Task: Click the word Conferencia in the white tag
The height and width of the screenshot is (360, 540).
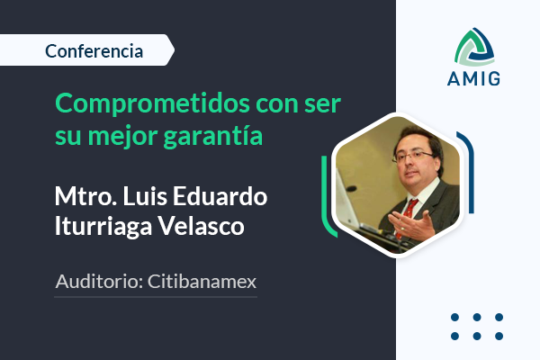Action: [x=94, y=51]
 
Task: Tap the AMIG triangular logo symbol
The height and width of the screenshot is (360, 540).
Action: [x=474, y=47]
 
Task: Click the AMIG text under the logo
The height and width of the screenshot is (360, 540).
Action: [x=473, y=78]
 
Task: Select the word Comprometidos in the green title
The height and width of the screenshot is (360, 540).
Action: [x=153, y=104]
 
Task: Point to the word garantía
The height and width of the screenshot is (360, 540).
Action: [x=212, y=135]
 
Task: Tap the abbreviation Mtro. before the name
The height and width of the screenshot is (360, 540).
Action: [x=85, y=196]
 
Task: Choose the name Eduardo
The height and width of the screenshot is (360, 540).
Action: [x=220, y=196]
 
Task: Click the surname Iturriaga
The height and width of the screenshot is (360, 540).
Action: [x=103, y=227]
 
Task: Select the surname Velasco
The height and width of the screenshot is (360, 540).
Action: [x=201, y=226]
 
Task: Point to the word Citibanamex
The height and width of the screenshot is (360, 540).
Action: [x=202, y=282]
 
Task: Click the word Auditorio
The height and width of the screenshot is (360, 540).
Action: [x=99, y=282]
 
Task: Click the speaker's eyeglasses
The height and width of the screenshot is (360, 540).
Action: [x=412, y=157]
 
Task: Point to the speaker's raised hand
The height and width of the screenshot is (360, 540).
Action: [x=412, y=225]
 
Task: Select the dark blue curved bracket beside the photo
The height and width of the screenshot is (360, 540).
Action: [x=468, y=172]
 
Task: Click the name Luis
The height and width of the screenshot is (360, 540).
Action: [x=145, y=196]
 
